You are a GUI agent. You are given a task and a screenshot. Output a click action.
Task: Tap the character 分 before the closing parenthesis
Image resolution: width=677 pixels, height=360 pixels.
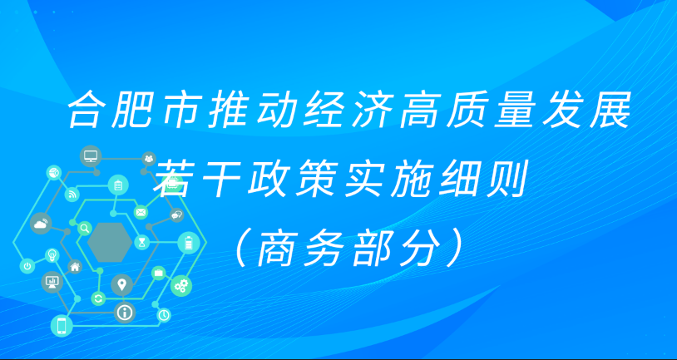416,244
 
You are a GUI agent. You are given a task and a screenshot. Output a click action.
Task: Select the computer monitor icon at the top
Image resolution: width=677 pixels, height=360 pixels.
90,156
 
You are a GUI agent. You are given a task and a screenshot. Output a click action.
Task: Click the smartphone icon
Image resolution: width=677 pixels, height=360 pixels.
60,325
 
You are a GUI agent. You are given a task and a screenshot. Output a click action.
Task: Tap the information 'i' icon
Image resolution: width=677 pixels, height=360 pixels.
126,312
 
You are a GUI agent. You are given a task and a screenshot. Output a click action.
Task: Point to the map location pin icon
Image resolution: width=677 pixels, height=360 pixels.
122,285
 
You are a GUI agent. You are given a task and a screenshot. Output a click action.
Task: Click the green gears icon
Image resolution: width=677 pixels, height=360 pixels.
180,286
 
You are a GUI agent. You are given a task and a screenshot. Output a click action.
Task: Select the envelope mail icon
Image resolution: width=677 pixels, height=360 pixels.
141,213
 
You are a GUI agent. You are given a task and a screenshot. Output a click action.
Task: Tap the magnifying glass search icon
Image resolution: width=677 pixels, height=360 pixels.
84,227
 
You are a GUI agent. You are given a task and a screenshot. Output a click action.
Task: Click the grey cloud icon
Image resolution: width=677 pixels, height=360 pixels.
40,222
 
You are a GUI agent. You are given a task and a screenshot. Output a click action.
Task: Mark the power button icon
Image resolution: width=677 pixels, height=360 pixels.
27,266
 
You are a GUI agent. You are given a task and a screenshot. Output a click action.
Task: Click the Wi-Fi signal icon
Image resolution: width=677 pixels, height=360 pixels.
73,196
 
